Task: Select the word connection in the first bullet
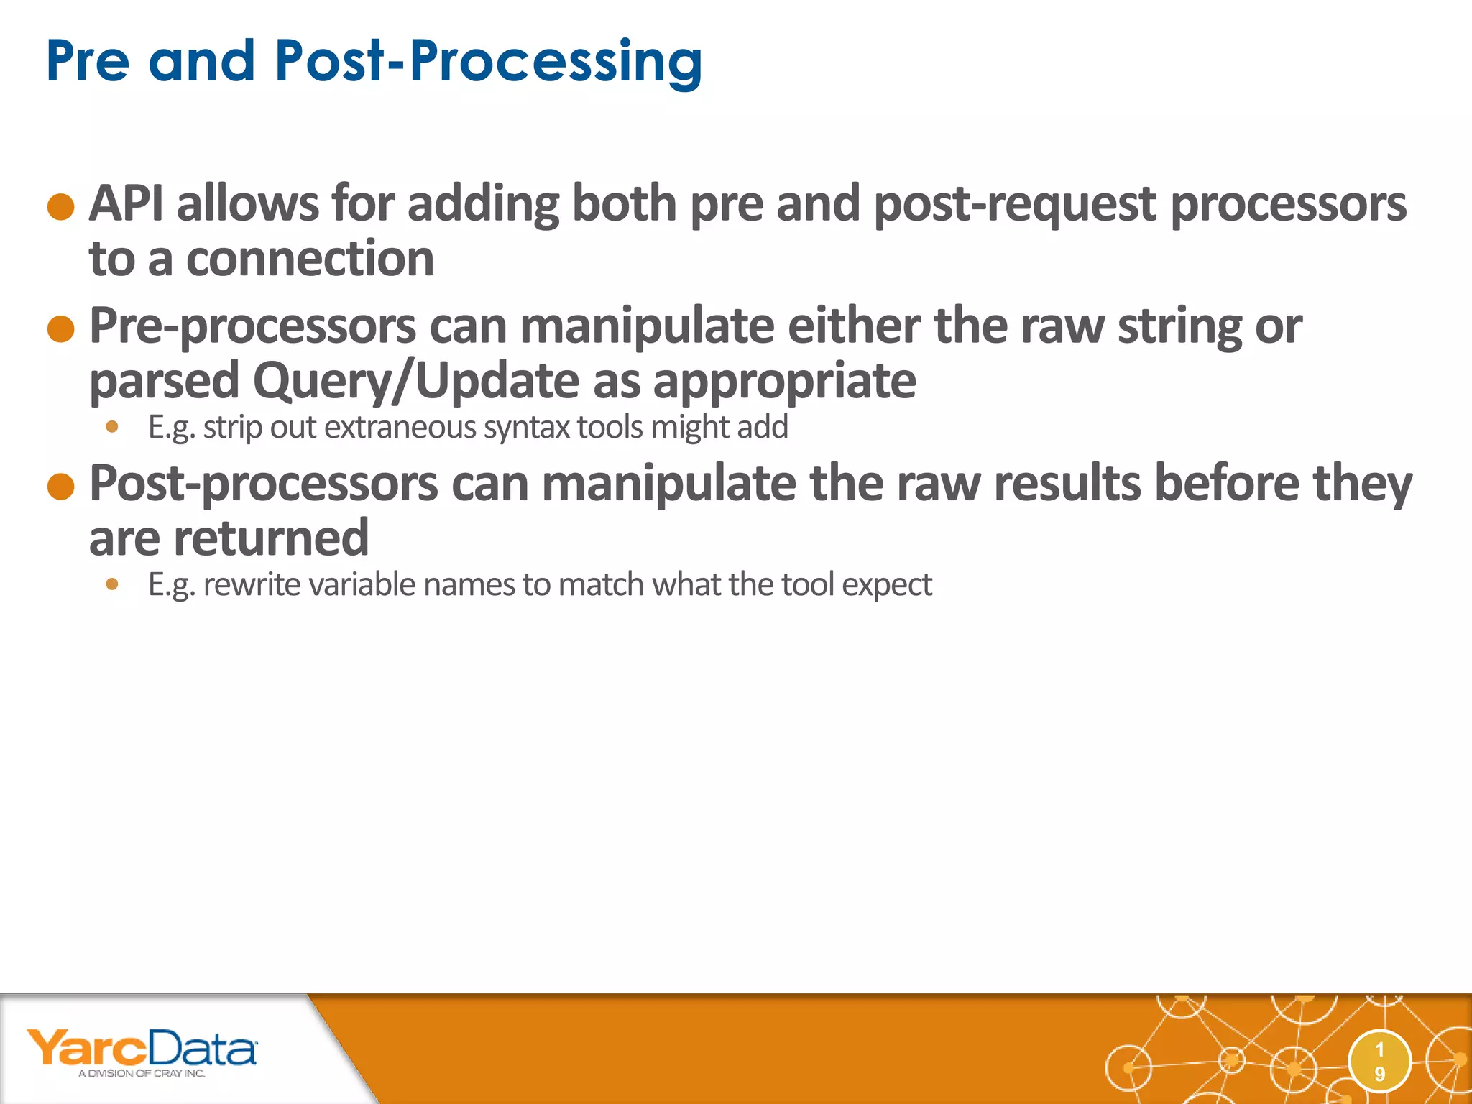tap(310, 258)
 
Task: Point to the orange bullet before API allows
tap(61, 207)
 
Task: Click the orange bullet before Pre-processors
tap(61, 329)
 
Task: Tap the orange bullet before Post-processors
tap(61, 487)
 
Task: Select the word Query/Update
tap(415, 381)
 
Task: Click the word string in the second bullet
tap(1179, 327)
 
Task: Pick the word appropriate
tap(784, 381)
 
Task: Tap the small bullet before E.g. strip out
tap(111, 427)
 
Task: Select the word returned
tap(271, 538)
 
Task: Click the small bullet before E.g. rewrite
tap(111, 584)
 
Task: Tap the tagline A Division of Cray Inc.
tap(142, 1074)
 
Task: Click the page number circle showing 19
tap(1379, 1062)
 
